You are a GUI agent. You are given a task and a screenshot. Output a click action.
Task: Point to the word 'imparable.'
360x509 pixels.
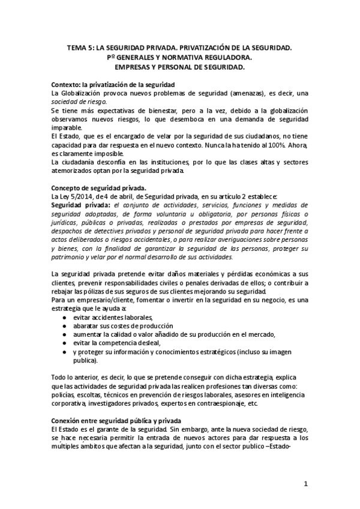[68, 128]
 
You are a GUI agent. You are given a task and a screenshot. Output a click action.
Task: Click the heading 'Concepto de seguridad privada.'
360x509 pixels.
[99, 187]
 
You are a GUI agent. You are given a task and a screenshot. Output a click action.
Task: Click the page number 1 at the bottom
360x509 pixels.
[305, 483]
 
